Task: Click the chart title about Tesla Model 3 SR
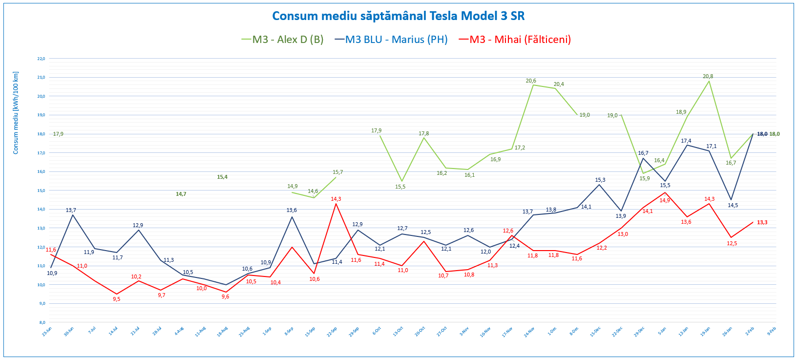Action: [x=398, y=16]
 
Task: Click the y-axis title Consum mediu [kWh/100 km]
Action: [x=16, y=113]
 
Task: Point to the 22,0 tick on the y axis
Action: [x=41, y=59]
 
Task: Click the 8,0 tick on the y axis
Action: [x=42, y=322]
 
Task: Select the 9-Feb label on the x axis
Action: [x=771, y=331]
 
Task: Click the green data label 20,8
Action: [x=708, y=76]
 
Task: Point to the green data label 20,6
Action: [x=531, y=81]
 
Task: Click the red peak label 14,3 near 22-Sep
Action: [x=336, y=199]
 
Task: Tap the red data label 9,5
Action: [x=116, y=299]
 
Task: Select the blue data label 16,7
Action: [x=643, y=153]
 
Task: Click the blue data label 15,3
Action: [x=600, y=180]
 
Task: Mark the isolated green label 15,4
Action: [x=222, y=177]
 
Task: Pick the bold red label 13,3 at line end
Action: [x=762, y=222]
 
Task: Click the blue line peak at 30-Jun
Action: [x=73, y=215]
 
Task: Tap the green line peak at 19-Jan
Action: [x=709, y=81]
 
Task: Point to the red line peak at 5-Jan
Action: [x=665, y=192]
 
